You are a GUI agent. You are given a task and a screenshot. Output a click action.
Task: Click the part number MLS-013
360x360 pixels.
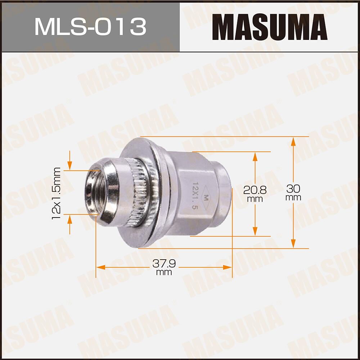[x=90, y=27]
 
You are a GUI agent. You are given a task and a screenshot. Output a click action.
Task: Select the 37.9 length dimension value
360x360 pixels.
[x=164, y=264]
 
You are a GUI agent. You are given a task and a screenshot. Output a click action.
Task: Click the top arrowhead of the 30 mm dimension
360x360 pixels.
[x=293, y=141]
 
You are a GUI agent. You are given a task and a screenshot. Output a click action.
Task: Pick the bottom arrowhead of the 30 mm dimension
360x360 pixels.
[x=293, y=244]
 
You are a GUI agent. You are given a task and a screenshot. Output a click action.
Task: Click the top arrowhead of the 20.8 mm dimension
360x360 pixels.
[x=255, y=156]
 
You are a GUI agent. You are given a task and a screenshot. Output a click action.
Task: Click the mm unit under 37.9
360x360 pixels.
[x=164, y=273]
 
